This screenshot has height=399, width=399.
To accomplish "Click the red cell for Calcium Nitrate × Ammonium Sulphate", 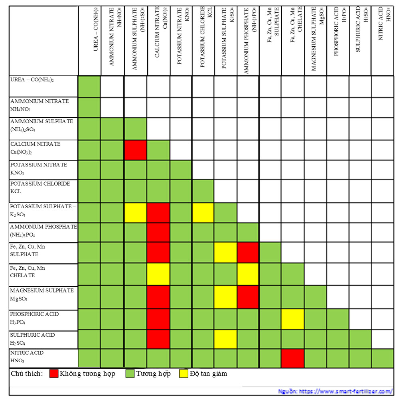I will tap(136, 150).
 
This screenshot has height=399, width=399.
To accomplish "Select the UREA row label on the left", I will tap(32, 80).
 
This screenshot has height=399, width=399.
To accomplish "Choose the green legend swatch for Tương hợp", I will tap(130, 373).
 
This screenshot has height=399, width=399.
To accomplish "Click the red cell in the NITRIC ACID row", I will tap(292, 358).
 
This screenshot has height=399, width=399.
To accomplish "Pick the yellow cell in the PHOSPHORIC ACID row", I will tap(292, 320).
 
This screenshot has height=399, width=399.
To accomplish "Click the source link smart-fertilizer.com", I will tap(335, 392).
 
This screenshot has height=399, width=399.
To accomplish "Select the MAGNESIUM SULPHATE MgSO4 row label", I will tap(42, 294).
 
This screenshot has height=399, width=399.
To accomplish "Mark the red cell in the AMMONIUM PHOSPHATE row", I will tap(159, 232).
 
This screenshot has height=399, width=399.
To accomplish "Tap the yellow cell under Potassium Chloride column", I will tap(203, 212).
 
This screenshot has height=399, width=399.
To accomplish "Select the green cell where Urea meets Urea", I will tap(89, 85).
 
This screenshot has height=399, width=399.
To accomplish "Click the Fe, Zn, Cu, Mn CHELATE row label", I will tap(28, 272).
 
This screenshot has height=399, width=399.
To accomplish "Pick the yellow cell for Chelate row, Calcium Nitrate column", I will tap(159, 274).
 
